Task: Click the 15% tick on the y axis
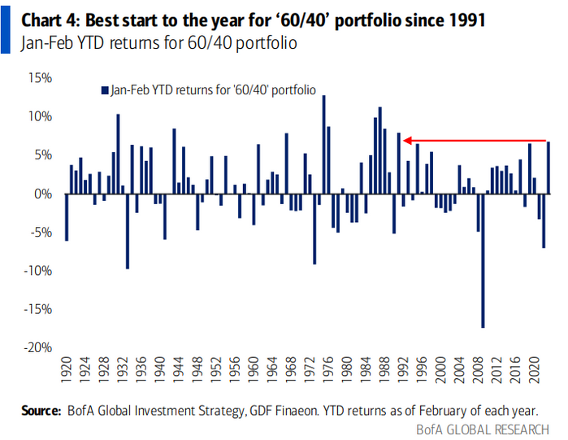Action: point(40,78)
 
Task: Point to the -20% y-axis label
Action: point(37,347)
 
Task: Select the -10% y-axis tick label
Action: point(37,271)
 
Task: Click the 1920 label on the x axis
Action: point(67,373)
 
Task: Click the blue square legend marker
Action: point(103,91)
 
